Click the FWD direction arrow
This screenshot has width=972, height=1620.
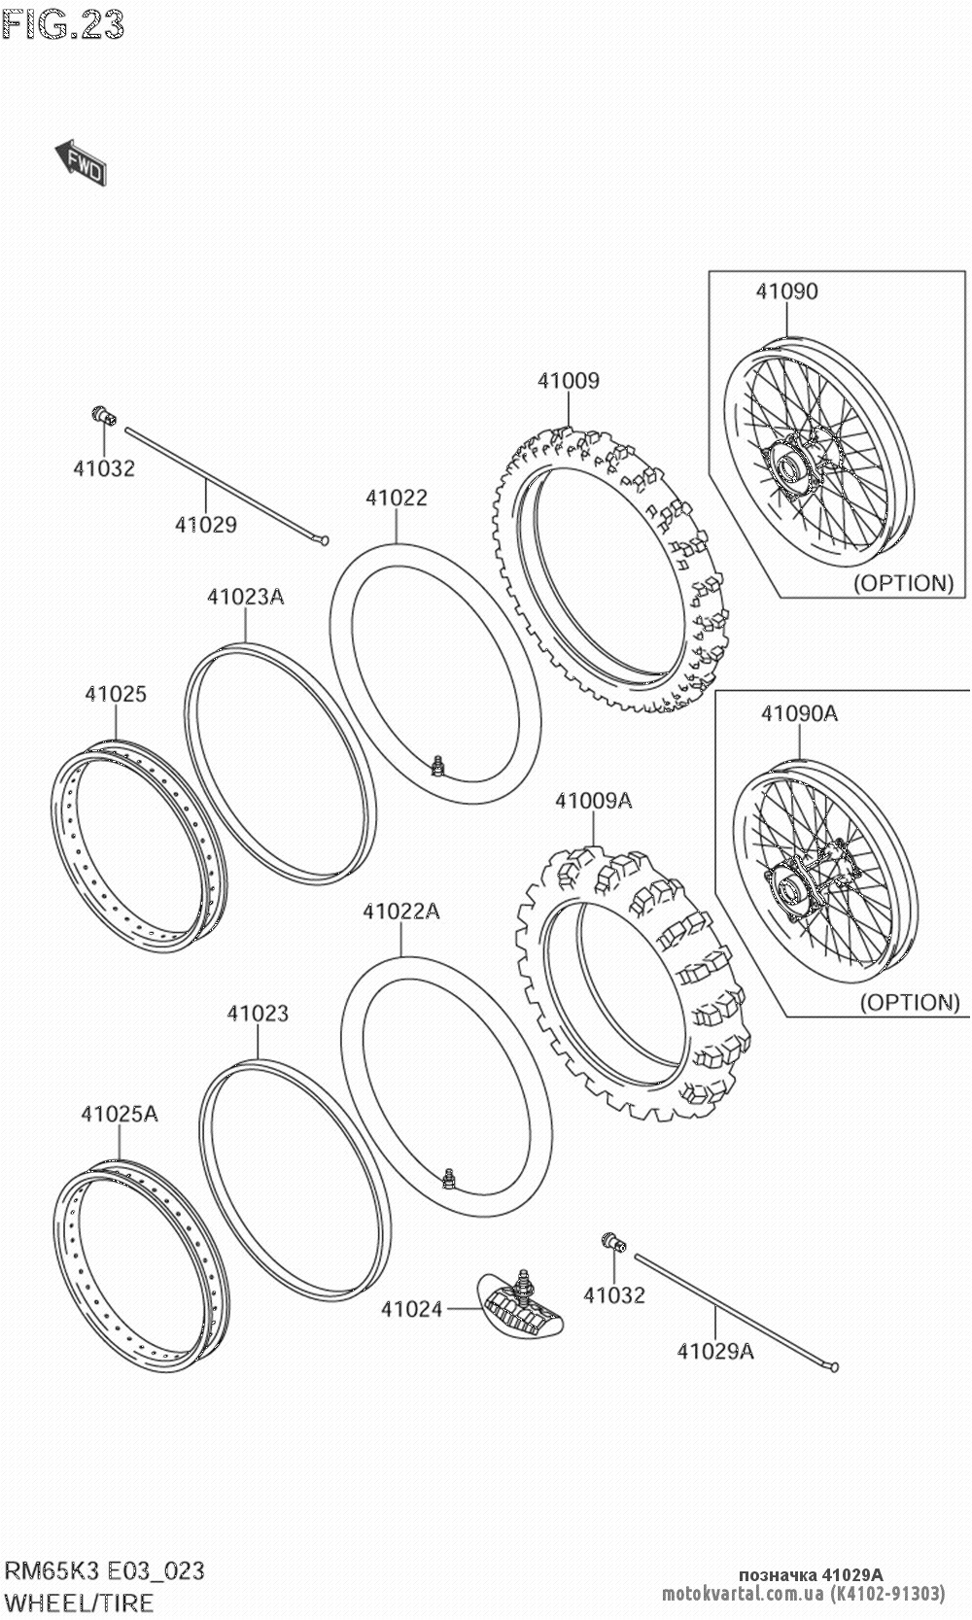[81, 162]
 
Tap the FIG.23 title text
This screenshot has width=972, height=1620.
[63, 24]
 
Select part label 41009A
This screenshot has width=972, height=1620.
[594, 801]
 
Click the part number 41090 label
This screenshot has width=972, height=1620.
[787, 292]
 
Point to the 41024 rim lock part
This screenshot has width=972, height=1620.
[520, 1308]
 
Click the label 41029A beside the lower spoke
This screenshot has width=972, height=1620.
[715, 1351]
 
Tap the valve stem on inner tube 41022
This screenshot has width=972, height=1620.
[436, 765]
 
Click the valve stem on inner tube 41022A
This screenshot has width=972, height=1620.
[448, 1178]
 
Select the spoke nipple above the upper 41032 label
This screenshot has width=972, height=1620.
[103, 415]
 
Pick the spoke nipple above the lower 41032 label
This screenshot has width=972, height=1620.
[613, 1241]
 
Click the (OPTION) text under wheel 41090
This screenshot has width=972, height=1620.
[904, 583]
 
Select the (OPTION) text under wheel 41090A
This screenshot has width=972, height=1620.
[910, 1002]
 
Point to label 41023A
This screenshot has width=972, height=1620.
[246, 597]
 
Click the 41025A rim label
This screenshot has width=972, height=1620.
[120, 1114]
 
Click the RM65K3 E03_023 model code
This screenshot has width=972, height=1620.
[105, 1570]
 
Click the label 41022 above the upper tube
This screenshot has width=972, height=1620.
[397, 498]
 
